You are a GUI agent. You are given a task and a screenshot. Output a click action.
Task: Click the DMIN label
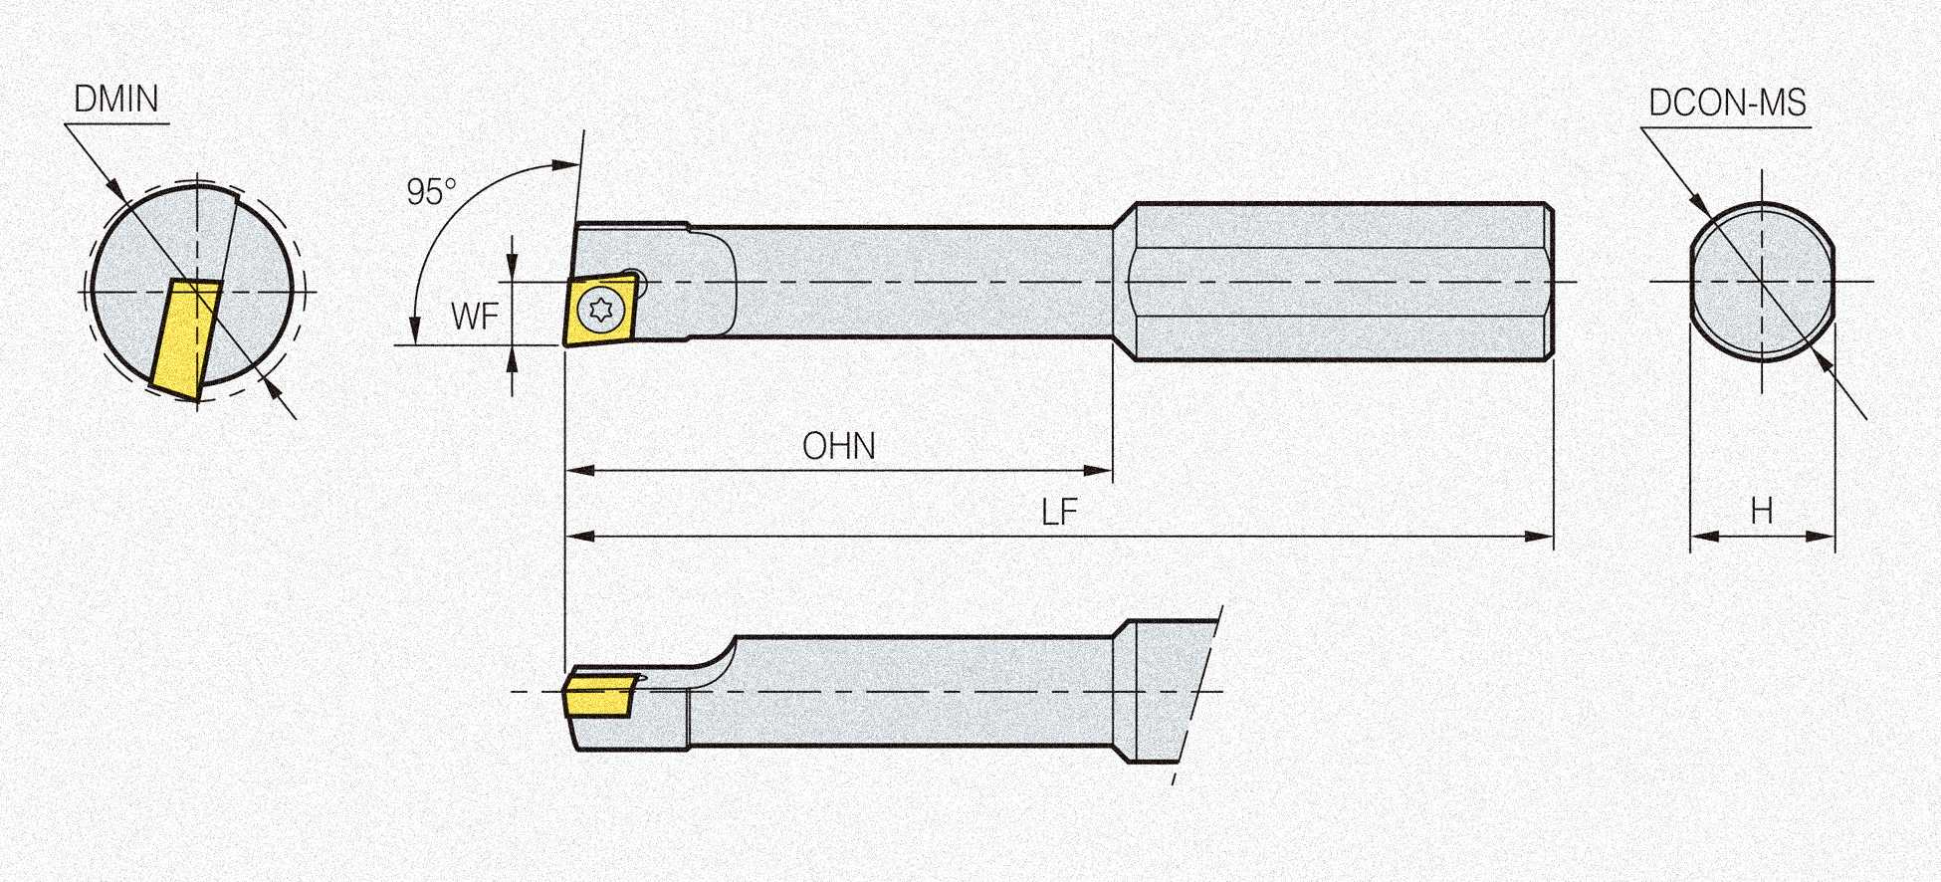[x=116, y=100]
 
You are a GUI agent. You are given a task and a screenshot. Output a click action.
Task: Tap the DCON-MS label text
[x=1727, y=103]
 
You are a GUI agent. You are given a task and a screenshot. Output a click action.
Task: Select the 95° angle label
[x=431, y=191]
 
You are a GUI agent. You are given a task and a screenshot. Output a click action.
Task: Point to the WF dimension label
[x=474, y=317]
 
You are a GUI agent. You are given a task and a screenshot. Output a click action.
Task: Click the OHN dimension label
[x=839, y=446]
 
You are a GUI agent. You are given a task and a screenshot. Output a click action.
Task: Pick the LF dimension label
[x=1059, y=513]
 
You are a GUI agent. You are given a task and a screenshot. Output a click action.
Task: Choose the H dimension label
[x=1761, y=511]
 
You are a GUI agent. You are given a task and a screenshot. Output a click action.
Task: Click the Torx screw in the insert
[x=602, y=309]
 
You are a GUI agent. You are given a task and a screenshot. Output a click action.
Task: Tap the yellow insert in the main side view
[x=598, y=308]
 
